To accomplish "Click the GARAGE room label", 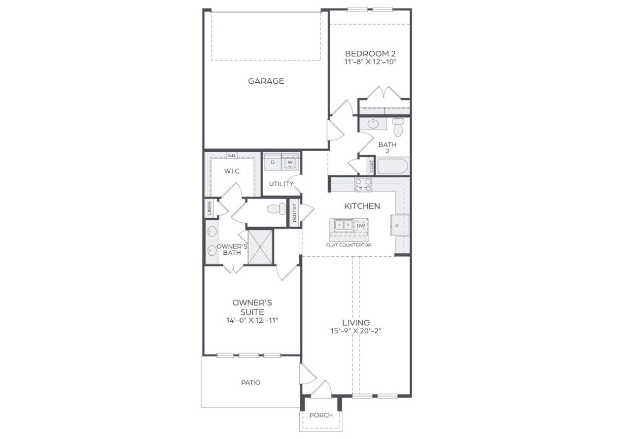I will point(266,81).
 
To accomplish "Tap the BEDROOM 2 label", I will point(370,53).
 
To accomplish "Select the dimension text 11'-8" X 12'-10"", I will point(370,62).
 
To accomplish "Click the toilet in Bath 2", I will point(398,128).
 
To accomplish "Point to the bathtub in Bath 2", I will point(392,166).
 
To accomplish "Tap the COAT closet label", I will point(371,166).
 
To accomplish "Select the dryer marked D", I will point(273,162).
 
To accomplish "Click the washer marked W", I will point(290,162).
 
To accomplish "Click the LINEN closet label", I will point(210,208).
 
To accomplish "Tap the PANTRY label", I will point(295,213).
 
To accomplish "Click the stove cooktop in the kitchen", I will point(363,185).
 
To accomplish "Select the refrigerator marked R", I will point(397,226).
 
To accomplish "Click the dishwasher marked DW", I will point(361,226).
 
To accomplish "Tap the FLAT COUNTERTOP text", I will point(349,245).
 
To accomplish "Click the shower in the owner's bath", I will point(260,247).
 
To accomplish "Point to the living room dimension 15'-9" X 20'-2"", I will point(356,331).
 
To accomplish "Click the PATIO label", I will point(250,382).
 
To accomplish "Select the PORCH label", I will point(321,415).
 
